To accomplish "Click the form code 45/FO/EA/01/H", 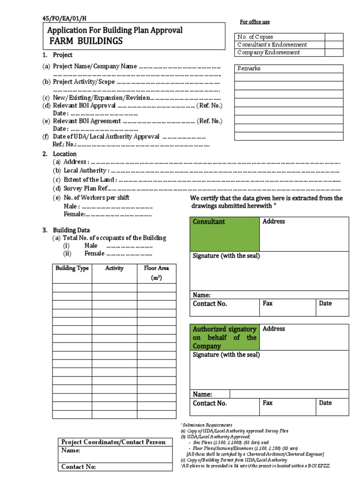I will coord(65,19).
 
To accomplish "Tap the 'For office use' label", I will coord(255,22).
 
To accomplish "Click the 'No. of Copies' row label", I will coord(255,37).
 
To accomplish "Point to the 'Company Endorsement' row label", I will coord(269,52).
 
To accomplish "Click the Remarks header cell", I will coord(249,68).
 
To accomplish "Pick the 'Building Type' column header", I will coord(72,269).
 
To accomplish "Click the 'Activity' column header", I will coord(114,269).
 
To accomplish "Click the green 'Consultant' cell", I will coord(224,233).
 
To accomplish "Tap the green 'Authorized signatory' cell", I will coord(224,337).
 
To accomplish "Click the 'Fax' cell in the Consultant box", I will coord(287,307).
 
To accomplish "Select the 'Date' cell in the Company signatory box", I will coord(331,407).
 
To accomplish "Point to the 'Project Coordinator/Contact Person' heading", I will coord(113,442).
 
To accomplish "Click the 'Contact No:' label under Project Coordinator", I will coord(79,467).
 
